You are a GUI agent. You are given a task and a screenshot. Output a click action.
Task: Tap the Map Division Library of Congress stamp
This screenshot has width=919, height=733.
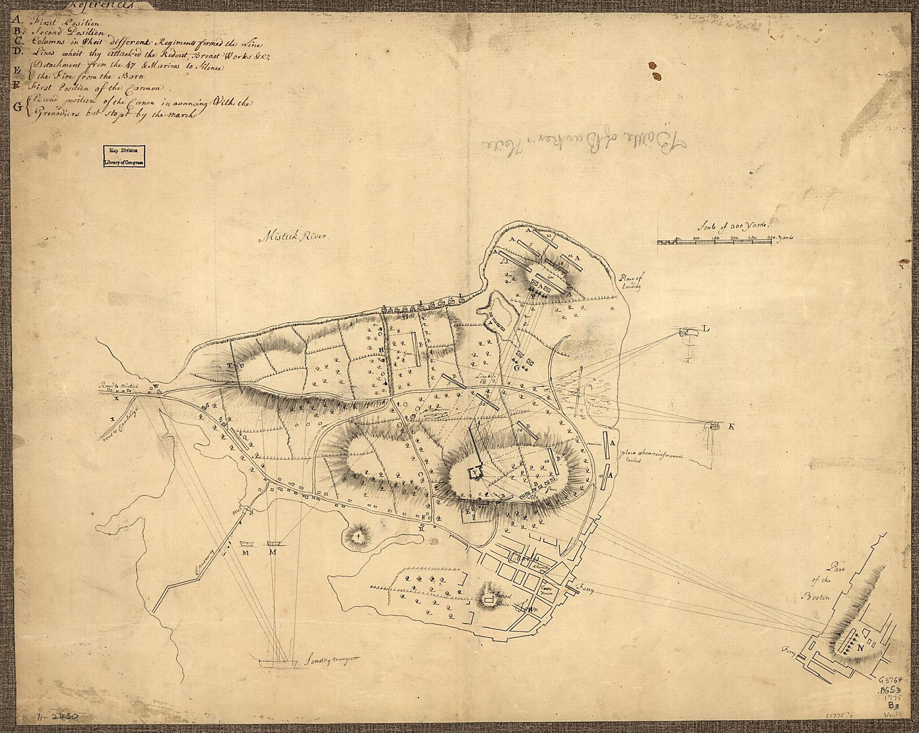click(x=125, y=157)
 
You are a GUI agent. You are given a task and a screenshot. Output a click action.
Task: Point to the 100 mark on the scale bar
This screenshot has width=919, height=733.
click(x=697, y=237)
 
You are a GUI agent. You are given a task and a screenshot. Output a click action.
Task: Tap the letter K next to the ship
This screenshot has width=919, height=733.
click(x=731, y=427)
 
